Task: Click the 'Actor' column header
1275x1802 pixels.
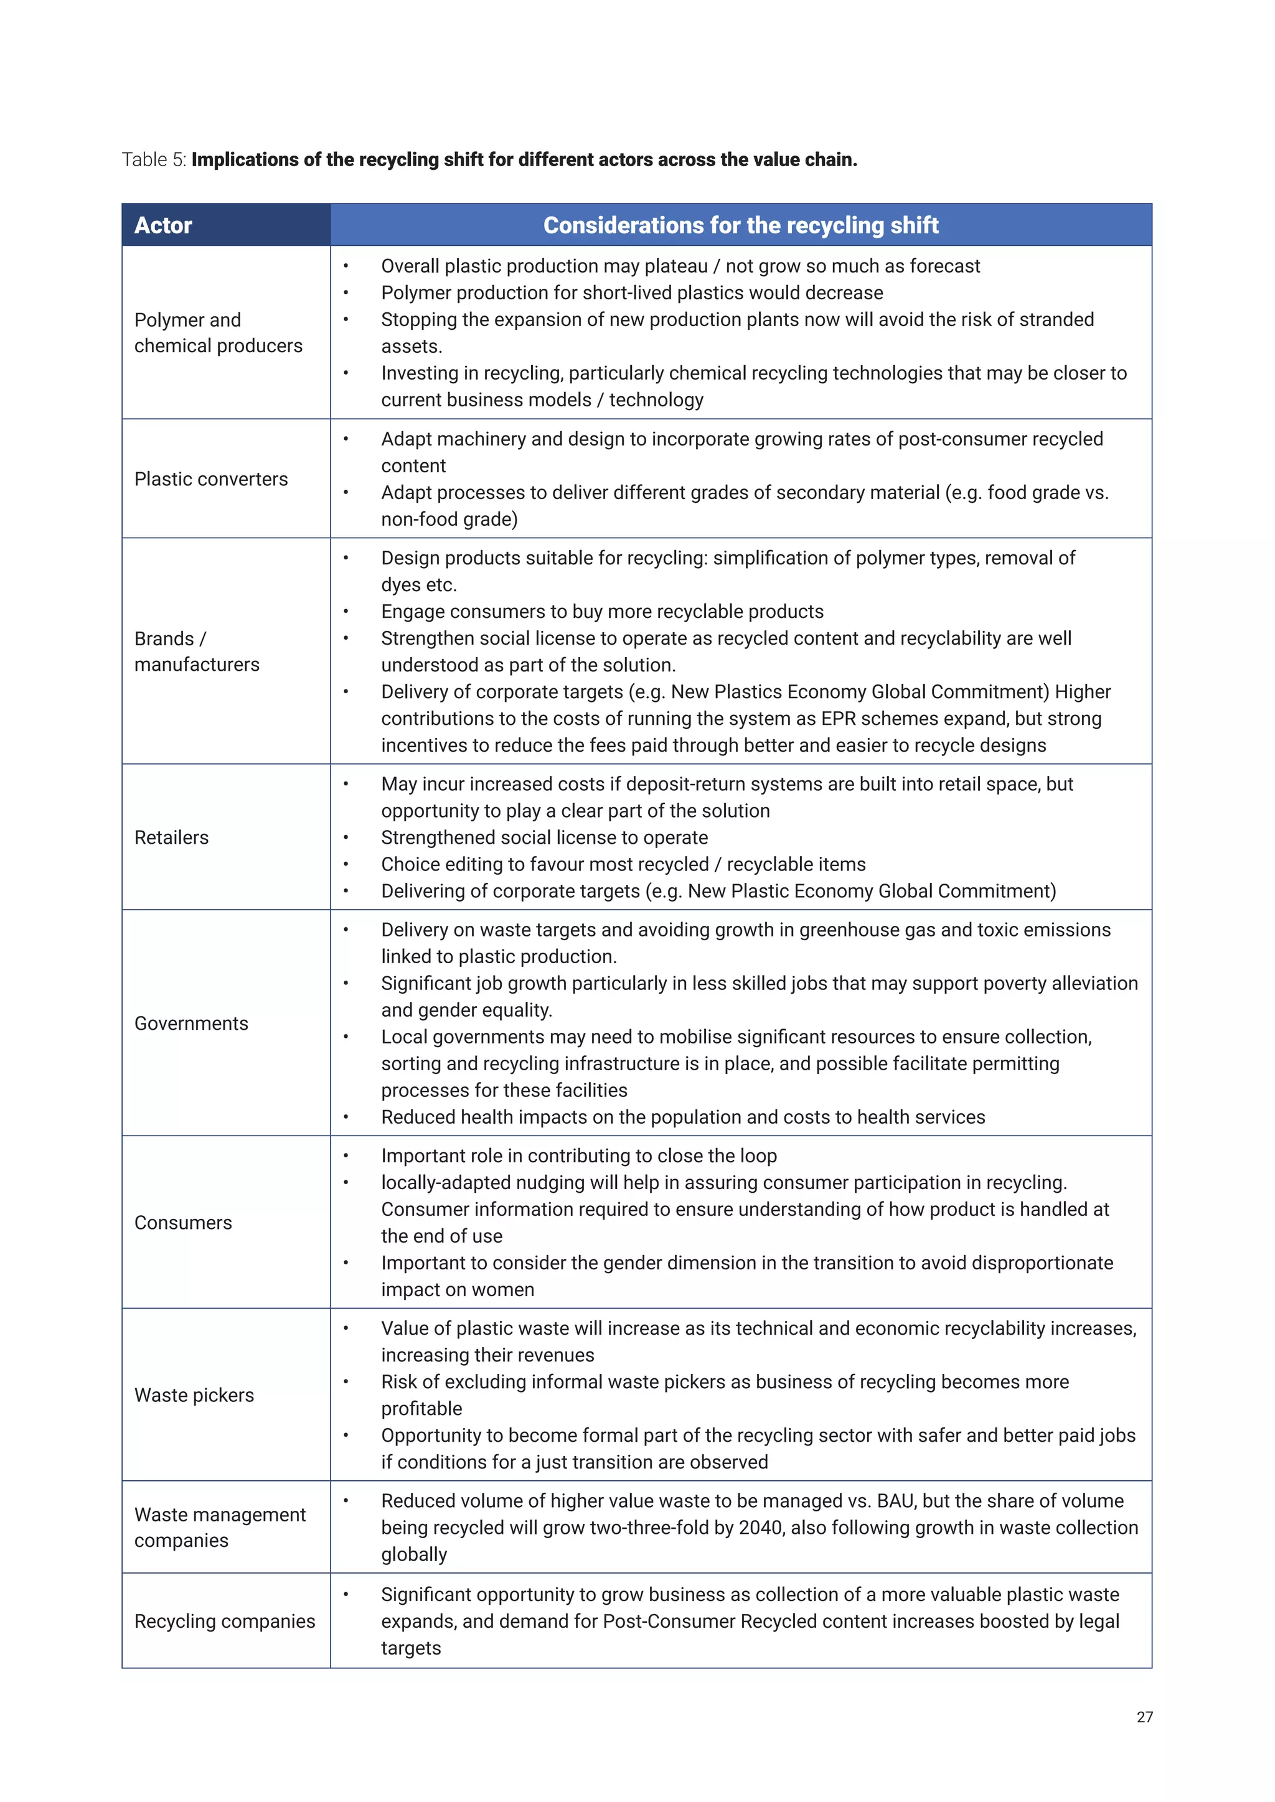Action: pos(162,225)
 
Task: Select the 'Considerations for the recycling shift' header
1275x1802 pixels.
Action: pos(740,225)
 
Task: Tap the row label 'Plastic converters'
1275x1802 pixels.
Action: pos(211,479)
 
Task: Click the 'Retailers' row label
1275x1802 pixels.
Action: pos(171,838)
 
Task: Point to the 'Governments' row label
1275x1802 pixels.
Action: pos(191,1024)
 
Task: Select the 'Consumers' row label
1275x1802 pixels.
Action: pos(183,1223)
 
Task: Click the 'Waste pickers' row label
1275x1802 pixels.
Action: pos(194,1396)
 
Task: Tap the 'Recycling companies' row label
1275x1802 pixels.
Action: pos(225,1622)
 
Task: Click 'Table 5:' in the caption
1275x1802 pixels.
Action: pos(154,160)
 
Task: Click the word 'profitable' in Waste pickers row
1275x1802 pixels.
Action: pos(421,1409)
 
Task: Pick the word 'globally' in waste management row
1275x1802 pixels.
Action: pos(414,1555)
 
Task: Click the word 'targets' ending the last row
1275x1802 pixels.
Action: pos(411,1648)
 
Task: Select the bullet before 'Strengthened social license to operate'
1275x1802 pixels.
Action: pos(346,838)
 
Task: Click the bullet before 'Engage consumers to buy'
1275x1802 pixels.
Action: pos(346,612)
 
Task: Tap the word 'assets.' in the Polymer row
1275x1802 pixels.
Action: pos(412,347)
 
